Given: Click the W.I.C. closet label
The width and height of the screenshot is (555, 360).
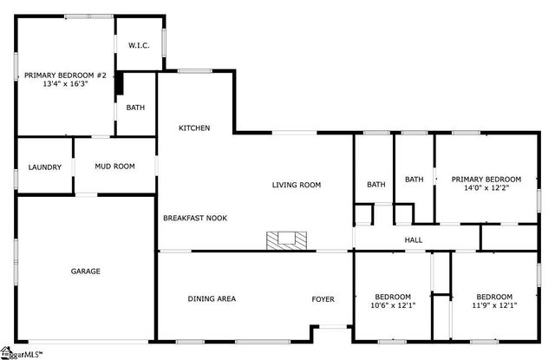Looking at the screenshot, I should click(x=140, y=45).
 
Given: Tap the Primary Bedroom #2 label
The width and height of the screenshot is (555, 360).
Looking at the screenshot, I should click(x=65, y=75).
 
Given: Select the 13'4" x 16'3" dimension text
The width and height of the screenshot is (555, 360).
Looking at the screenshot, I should click(x=65, y=86).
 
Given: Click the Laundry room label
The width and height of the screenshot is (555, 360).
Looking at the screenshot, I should click(x=44, y=167).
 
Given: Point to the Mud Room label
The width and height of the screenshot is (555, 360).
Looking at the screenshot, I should click(x=114, y=166).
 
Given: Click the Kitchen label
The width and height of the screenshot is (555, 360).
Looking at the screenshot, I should click(x=194, y=128).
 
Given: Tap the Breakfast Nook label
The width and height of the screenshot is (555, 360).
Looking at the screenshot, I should click(x=195, y=218).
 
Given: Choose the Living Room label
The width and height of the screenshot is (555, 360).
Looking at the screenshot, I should click(x=297, y=185).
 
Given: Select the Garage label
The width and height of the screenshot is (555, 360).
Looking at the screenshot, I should click(x=85, y=272).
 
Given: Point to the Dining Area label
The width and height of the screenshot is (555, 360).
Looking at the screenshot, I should click(x=212, y=298).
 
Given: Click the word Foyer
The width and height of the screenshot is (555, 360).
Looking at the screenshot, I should click(x=323, y=298).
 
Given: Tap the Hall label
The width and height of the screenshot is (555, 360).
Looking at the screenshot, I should click(x=414, y=239).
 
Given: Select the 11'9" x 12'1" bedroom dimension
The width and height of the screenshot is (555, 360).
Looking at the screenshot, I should click(x=494, y=305).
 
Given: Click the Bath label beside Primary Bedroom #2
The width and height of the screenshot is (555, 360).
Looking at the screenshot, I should click(x=135, y=108).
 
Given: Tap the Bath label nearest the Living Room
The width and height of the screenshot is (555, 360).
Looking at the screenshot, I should click(x=375, y=184).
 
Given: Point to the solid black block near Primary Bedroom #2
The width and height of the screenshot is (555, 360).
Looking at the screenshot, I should click(x=121, y=84).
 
